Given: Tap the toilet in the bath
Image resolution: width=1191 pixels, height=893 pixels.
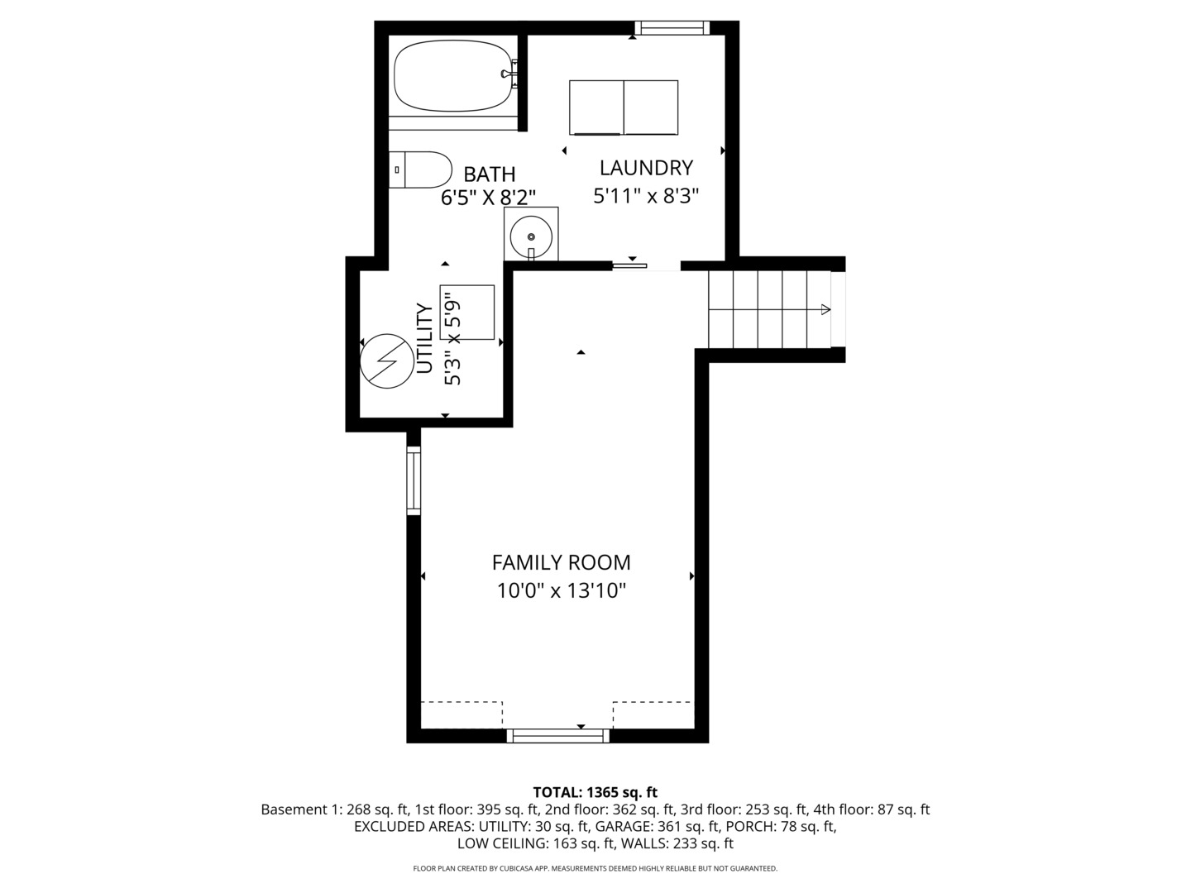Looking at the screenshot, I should [422, 170].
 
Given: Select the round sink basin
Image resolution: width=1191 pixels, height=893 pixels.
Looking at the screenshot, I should [530, 234].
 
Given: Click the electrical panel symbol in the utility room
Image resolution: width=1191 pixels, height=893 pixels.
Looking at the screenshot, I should [386, 361].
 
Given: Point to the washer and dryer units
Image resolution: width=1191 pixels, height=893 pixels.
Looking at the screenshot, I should [624, 107].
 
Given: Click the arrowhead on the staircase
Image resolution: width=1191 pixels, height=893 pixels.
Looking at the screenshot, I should [825, 309].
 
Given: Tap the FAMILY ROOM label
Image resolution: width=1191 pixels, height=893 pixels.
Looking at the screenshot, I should [561, 563].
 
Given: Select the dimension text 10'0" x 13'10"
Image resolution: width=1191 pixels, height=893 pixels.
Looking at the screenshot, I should [561, 591].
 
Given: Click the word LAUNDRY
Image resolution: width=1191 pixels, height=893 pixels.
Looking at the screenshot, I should [646, 168].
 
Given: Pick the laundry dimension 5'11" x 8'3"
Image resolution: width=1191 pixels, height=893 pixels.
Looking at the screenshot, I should [646, 196].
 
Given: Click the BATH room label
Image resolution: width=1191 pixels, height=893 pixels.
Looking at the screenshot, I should [490, 174].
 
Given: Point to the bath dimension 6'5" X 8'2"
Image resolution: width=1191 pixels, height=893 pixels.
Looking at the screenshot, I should [488, 197].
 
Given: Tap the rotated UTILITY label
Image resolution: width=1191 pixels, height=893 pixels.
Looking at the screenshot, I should [424, 338].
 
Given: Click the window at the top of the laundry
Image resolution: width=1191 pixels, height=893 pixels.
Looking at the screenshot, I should [672, 28].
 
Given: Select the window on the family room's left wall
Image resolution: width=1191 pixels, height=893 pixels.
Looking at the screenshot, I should [414, 480].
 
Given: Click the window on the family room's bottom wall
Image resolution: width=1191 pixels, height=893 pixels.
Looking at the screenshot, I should [557, 735].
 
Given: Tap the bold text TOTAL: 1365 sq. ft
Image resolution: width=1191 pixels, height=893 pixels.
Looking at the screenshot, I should [595, 792].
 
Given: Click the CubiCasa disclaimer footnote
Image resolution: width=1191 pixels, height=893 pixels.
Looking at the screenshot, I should [595, 868].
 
